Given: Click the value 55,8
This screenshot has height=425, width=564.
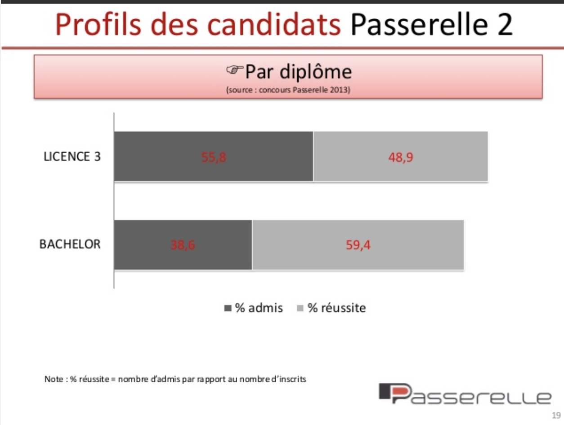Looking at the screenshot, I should click(214, 158).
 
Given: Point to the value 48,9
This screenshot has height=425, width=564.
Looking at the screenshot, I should click(401, 158).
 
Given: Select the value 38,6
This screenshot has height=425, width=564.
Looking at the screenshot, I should click(183, 245).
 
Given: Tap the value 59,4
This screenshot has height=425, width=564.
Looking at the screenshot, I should click(358, 245).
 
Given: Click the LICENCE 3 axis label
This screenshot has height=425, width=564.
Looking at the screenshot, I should click(72, 157).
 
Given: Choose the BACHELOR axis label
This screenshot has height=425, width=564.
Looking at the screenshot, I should click(70, 245).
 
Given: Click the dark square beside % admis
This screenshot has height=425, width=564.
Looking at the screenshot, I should click(228, 309).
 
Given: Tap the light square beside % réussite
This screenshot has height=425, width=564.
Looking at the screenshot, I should click(300, 309).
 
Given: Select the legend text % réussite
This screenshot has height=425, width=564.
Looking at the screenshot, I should click(337, 308).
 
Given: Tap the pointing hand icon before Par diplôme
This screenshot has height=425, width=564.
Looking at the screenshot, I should click(234, 71).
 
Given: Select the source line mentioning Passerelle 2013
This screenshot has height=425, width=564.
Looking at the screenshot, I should click(288, 90).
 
